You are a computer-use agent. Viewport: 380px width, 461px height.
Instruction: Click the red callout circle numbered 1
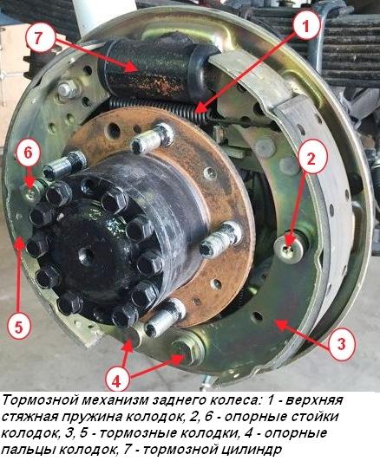pyautogui.click(x=305, y=26)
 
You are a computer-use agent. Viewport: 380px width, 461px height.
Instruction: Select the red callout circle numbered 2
pyautogui.click(x=312, y=157)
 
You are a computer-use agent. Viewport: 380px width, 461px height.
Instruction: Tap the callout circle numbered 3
pyautogui.click(x=341, y=344)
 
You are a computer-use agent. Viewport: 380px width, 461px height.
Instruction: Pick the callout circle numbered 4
pyautogui.click(x=116, y=378)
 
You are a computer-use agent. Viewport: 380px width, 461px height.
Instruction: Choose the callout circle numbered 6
pyautogui.click(x=28, y=152)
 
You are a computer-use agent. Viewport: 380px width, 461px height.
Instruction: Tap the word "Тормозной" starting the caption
pyautogui.click(x=37, y=401)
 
